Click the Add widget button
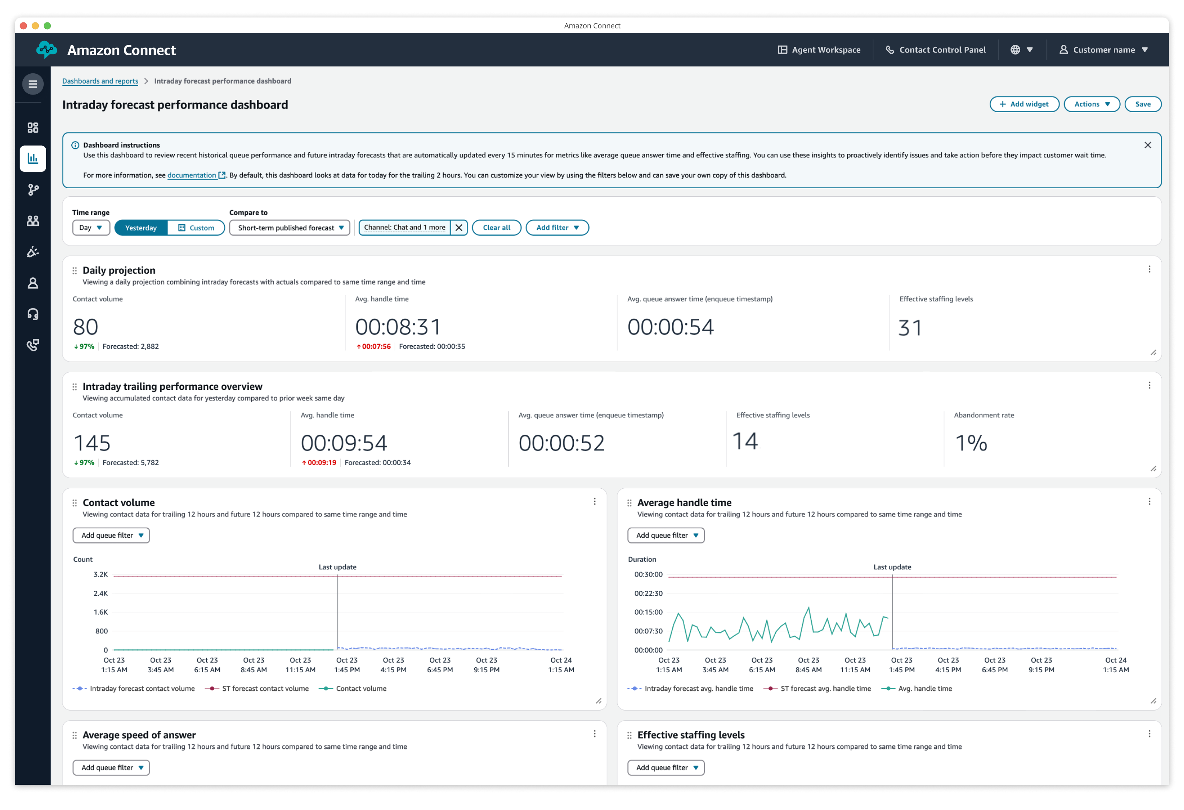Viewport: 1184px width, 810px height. pos(1024,104)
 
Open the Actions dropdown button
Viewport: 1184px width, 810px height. pos(1091,104)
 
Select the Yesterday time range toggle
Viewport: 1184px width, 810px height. pos(141,228)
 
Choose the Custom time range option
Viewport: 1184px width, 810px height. pos(196,228)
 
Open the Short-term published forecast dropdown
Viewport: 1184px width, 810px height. pos(289,228)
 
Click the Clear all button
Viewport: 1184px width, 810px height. pos(496,228)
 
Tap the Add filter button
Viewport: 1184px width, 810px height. pos(557,228)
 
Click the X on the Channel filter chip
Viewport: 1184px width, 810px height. pos(458,228)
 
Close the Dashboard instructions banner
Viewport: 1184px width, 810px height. pos(1147,145)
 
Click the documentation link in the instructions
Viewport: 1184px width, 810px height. pos(192,175)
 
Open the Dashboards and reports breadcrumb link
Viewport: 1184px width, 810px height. pos(100,81)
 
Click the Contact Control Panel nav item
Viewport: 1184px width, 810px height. pos(936,50)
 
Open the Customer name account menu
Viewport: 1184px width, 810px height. pos(1103,50)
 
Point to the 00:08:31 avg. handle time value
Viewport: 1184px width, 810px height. pos(398,327)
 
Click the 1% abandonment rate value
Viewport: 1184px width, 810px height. pos(971,443)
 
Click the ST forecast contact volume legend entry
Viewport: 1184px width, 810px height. pos(265,689)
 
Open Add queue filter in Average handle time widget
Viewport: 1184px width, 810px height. pos(666,536)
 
